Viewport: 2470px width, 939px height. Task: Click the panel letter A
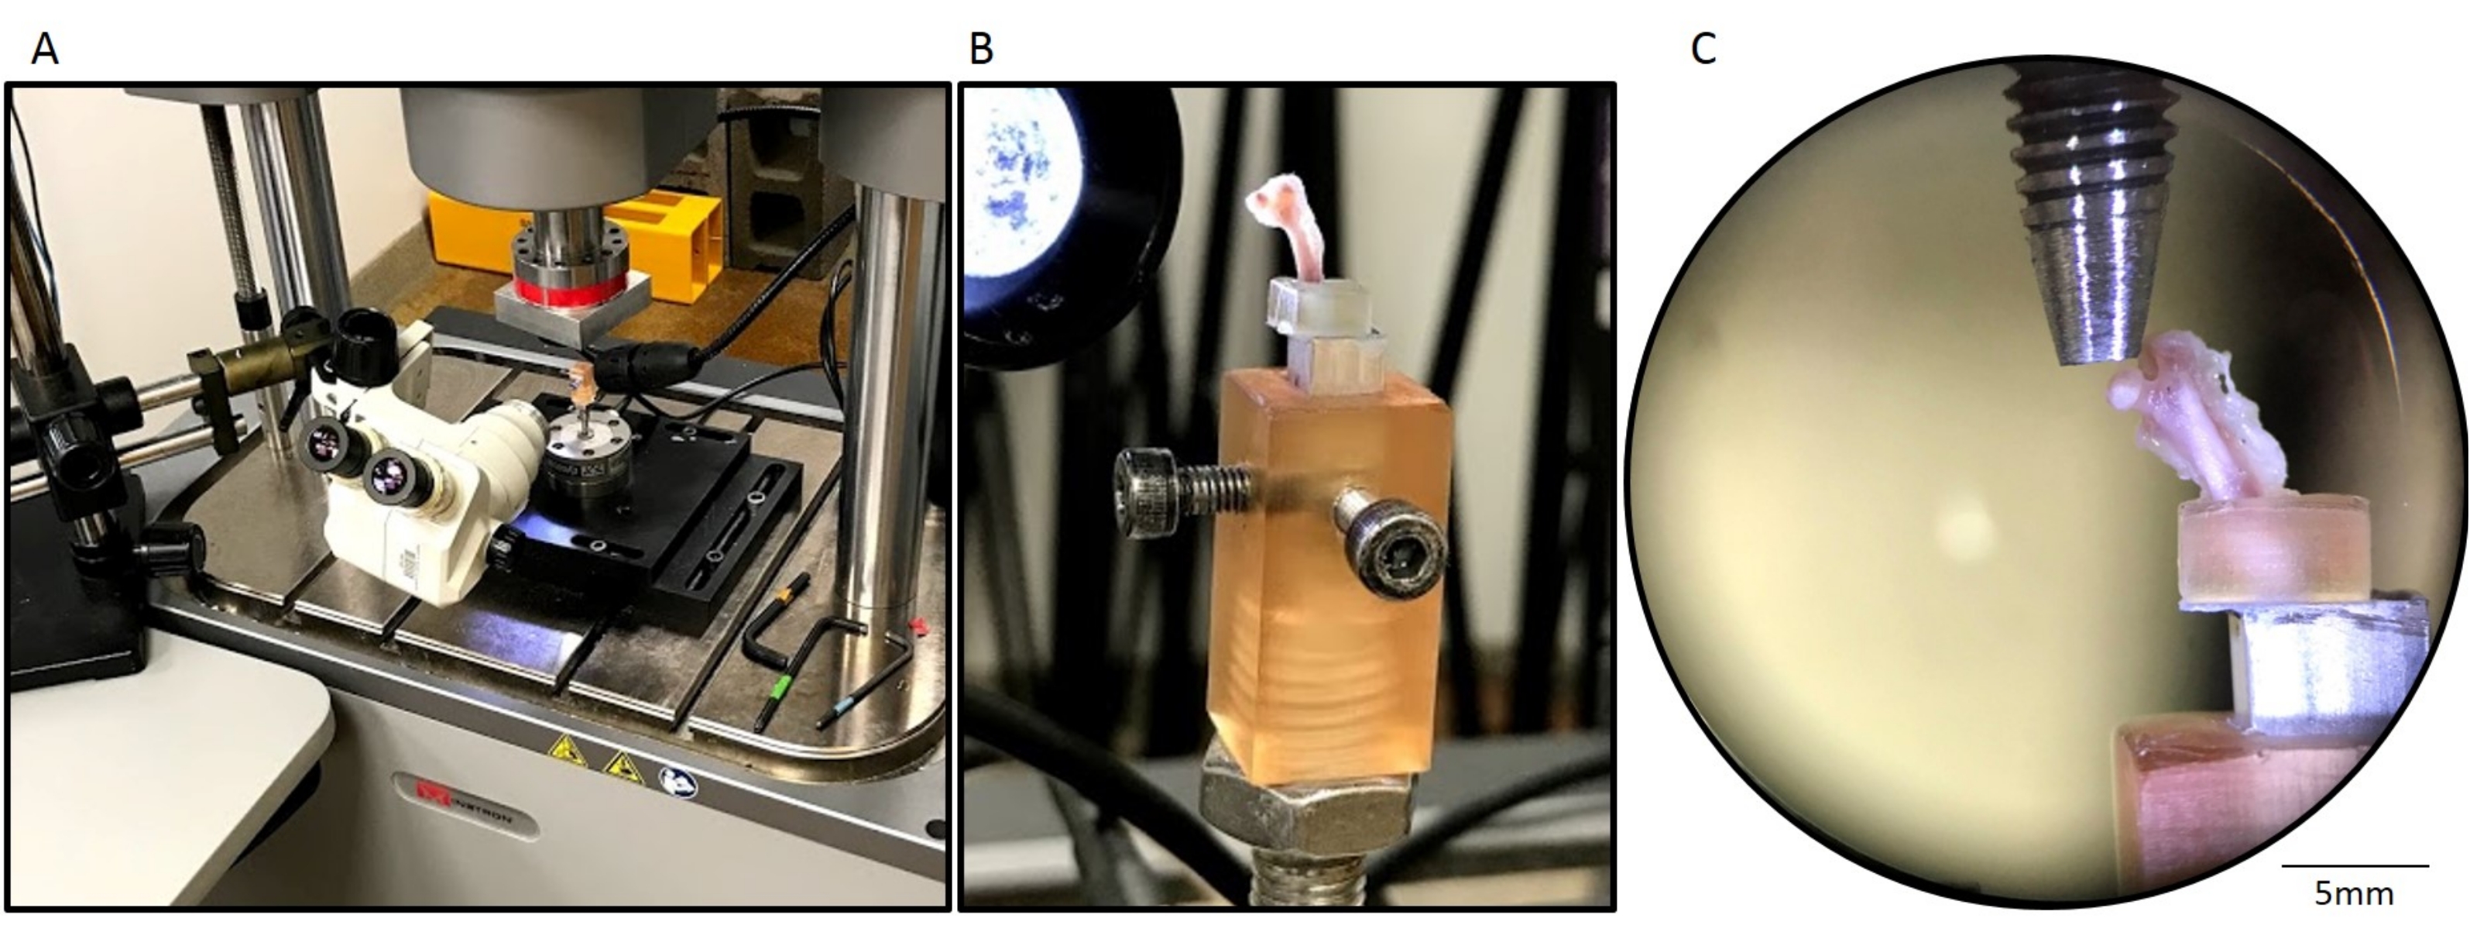[45, 48]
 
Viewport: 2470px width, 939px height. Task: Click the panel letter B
[981, 48]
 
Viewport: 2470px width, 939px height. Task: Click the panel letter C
[1702, 48]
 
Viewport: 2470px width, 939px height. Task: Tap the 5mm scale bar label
[2354, 894]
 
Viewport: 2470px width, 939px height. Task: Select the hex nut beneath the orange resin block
[1309, 807]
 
